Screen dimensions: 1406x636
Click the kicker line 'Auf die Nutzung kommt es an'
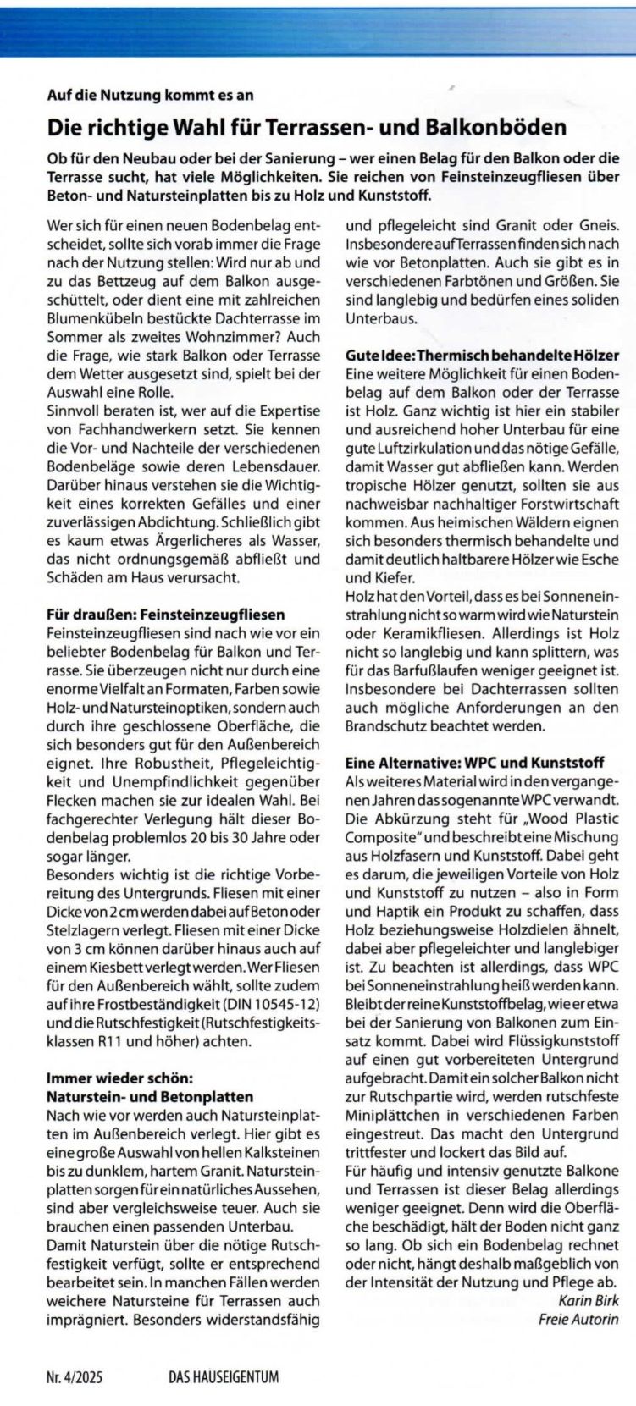[x=150, y=96]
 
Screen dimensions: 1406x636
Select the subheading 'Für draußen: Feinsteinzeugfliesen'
[x=165, y=614]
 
